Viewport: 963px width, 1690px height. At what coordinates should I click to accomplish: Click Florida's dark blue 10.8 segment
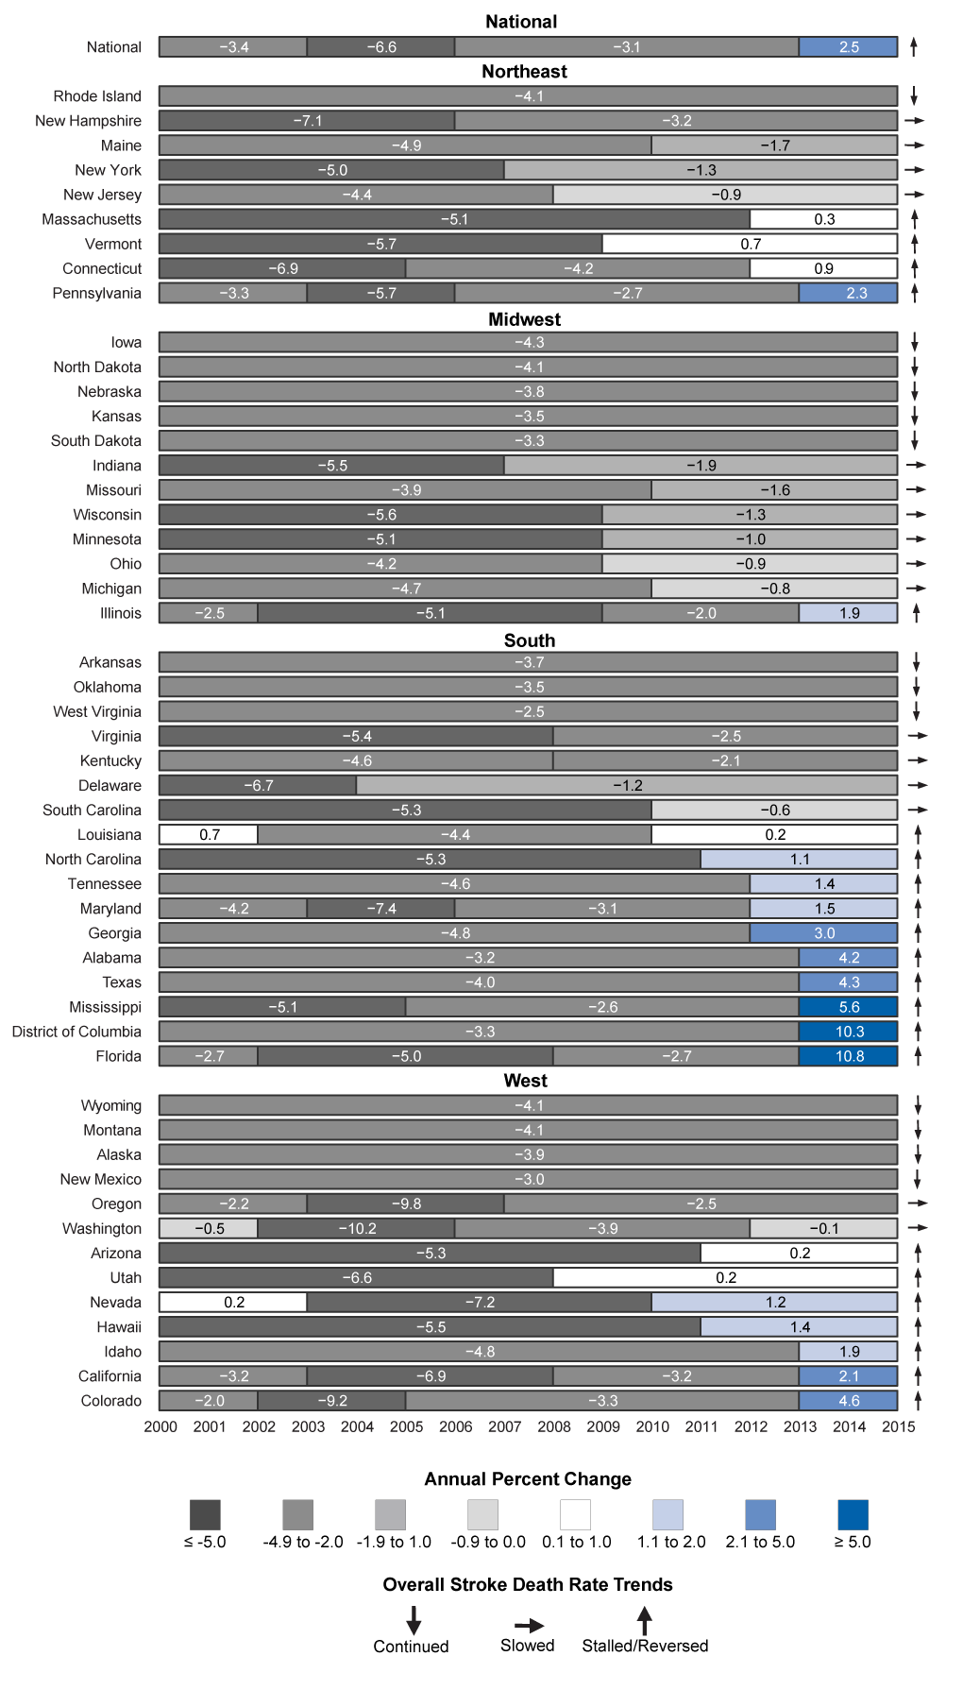click(x=849, y=1056)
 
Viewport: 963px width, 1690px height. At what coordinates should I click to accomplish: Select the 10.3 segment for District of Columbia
click(x=849, y=1032)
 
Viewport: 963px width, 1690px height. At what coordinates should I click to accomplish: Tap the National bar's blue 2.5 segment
click(x=849, y=46)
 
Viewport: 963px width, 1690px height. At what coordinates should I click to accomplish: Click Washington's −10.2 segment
click(x=357, y=1228)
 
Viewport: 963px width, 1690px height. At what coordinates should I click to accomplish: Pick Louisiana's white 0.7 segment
click(x=209, y=834)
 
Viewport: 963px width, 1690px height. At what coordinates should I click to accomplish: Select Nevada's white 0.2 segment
click(x=233, y=1302)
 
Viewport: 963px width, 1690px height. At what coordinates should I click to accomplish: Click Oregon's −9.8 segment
click(x=406, y=1203)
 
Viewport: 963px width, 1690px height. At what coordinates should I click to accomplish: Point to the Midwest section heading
click(x=524, y=319)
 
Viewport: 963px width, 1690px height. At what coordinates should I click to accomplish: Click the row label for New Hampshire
click(x=88, y=121)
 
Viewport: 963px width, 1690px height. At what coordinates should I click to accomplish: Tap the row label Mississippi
click(x=105, y=1007)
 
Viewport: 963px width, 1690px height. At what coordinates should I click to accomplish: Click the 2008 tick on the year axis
click(x=554, y=1426)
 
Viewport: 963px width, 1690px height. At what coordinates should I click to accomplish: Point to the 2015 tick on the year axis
click(x=898, y=1426)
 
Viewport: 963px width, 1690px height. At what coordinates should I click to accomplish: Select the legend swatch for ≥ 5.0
click(x=853, y=1514)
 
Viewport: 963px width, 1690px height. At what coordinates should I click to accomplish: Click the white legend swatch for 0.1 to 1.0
click(x=575, y=1514)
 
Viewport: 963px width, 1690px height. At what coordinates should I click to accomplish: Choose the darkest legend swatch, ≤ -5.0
click(x=205, y=1514)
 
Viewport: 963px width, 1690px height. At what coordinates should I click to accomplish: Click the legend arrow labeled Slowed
click(x=529, y=1626)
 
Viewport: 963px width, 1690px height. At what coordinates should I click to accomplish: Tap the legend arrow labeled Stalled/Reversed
click(x=645, y=1621)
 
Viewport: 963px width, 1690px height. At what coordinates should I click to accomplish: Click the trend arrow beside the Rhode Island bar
click(x=914, y=96)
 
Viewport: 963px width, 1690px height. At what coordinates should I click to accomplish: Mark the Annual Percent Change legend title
click(x=528, y=1479)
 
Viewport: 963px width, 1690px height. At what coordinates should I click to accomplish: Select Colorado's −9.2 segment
click(x=331, y=1401)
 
